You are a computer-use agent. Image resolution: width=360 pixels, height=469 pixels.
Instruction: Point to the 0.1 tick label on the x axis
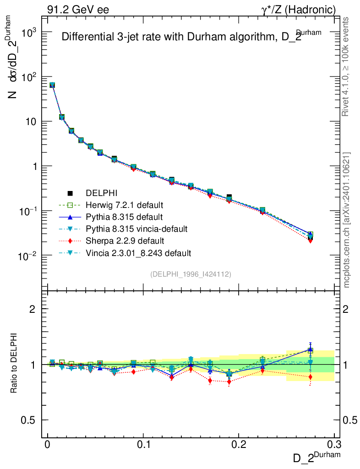143,444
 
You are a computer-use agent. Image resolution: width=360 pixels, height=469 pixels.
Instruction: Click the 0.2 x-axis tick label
239,444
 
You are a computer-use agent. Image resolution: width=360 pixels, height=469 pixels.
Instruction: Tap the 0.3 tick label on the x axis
334,444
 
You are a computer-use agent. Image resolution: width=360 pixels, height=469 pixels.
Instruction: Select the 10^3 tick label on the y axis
28,33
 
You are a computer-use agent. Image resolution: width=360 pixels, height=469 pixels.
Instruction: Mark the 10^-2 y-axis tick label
27,256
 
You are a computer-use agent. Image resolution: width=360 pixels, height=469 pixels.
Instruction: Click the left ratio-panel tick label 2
33,309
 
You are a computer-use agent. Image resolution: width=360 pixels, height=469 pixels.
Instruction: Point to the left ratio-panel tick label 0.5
29,420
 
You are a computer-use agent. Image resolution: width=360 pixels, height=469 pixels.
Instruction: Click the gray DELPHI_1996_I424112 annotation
190,274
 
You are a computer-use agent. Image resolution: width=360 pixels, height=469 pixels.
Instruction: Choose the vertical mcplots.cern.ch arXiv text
347,220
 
